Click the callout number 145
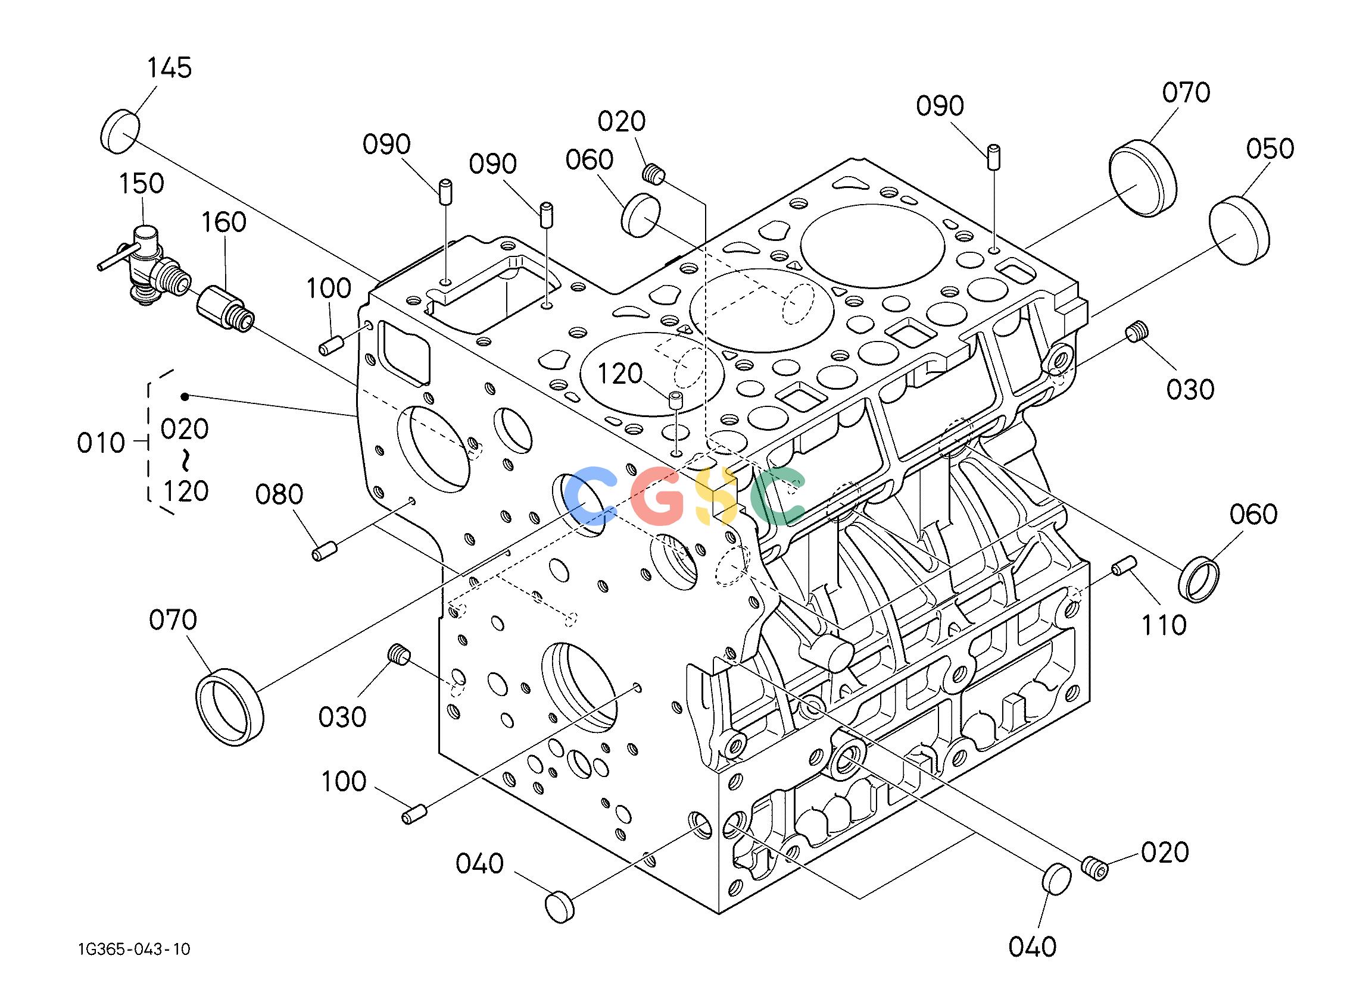click(x=170, y=68)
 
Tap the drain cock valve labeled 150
click(x=145, y=264)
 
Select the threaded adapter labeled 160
click(x=225, y=308)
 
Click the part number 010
click(x=101, y=443)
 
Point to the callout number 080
click(x=279, y=494)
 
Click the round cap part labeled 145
click(x=120, y=130)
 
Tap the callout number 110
click(x=1163, y=625)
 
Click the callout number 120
click(x=620, y=374)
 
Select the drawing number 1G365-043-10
click(x=134, y=950)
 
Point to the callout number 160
click(x=223, y=222)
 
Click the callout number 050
click(x=1270, y=148)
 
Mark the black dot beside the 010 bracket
click(x=185, y=396)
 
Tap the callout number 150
click(x=141, y=183)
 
